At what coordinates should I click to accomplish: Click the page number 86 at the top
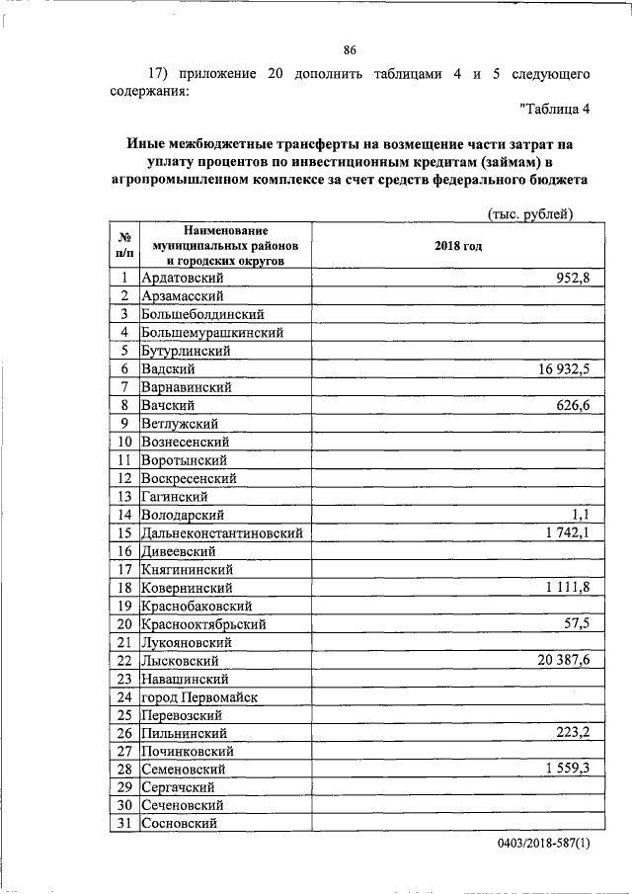tap(350, 51)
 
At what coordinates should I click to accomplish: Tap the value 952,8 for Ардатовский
tap(571, 278)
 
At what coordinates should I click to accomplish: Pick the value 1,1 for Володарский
tap(580, 515)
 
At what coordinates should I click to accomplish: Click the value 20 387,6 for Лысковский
tap(564, 661)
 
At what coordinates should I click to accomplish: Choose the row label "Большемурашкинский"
tap(212, 332)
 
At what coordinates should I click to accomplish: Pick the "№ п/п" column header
tap(125, 246)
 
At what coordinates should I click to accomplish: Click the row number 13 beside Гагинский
tap(125, 497)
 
